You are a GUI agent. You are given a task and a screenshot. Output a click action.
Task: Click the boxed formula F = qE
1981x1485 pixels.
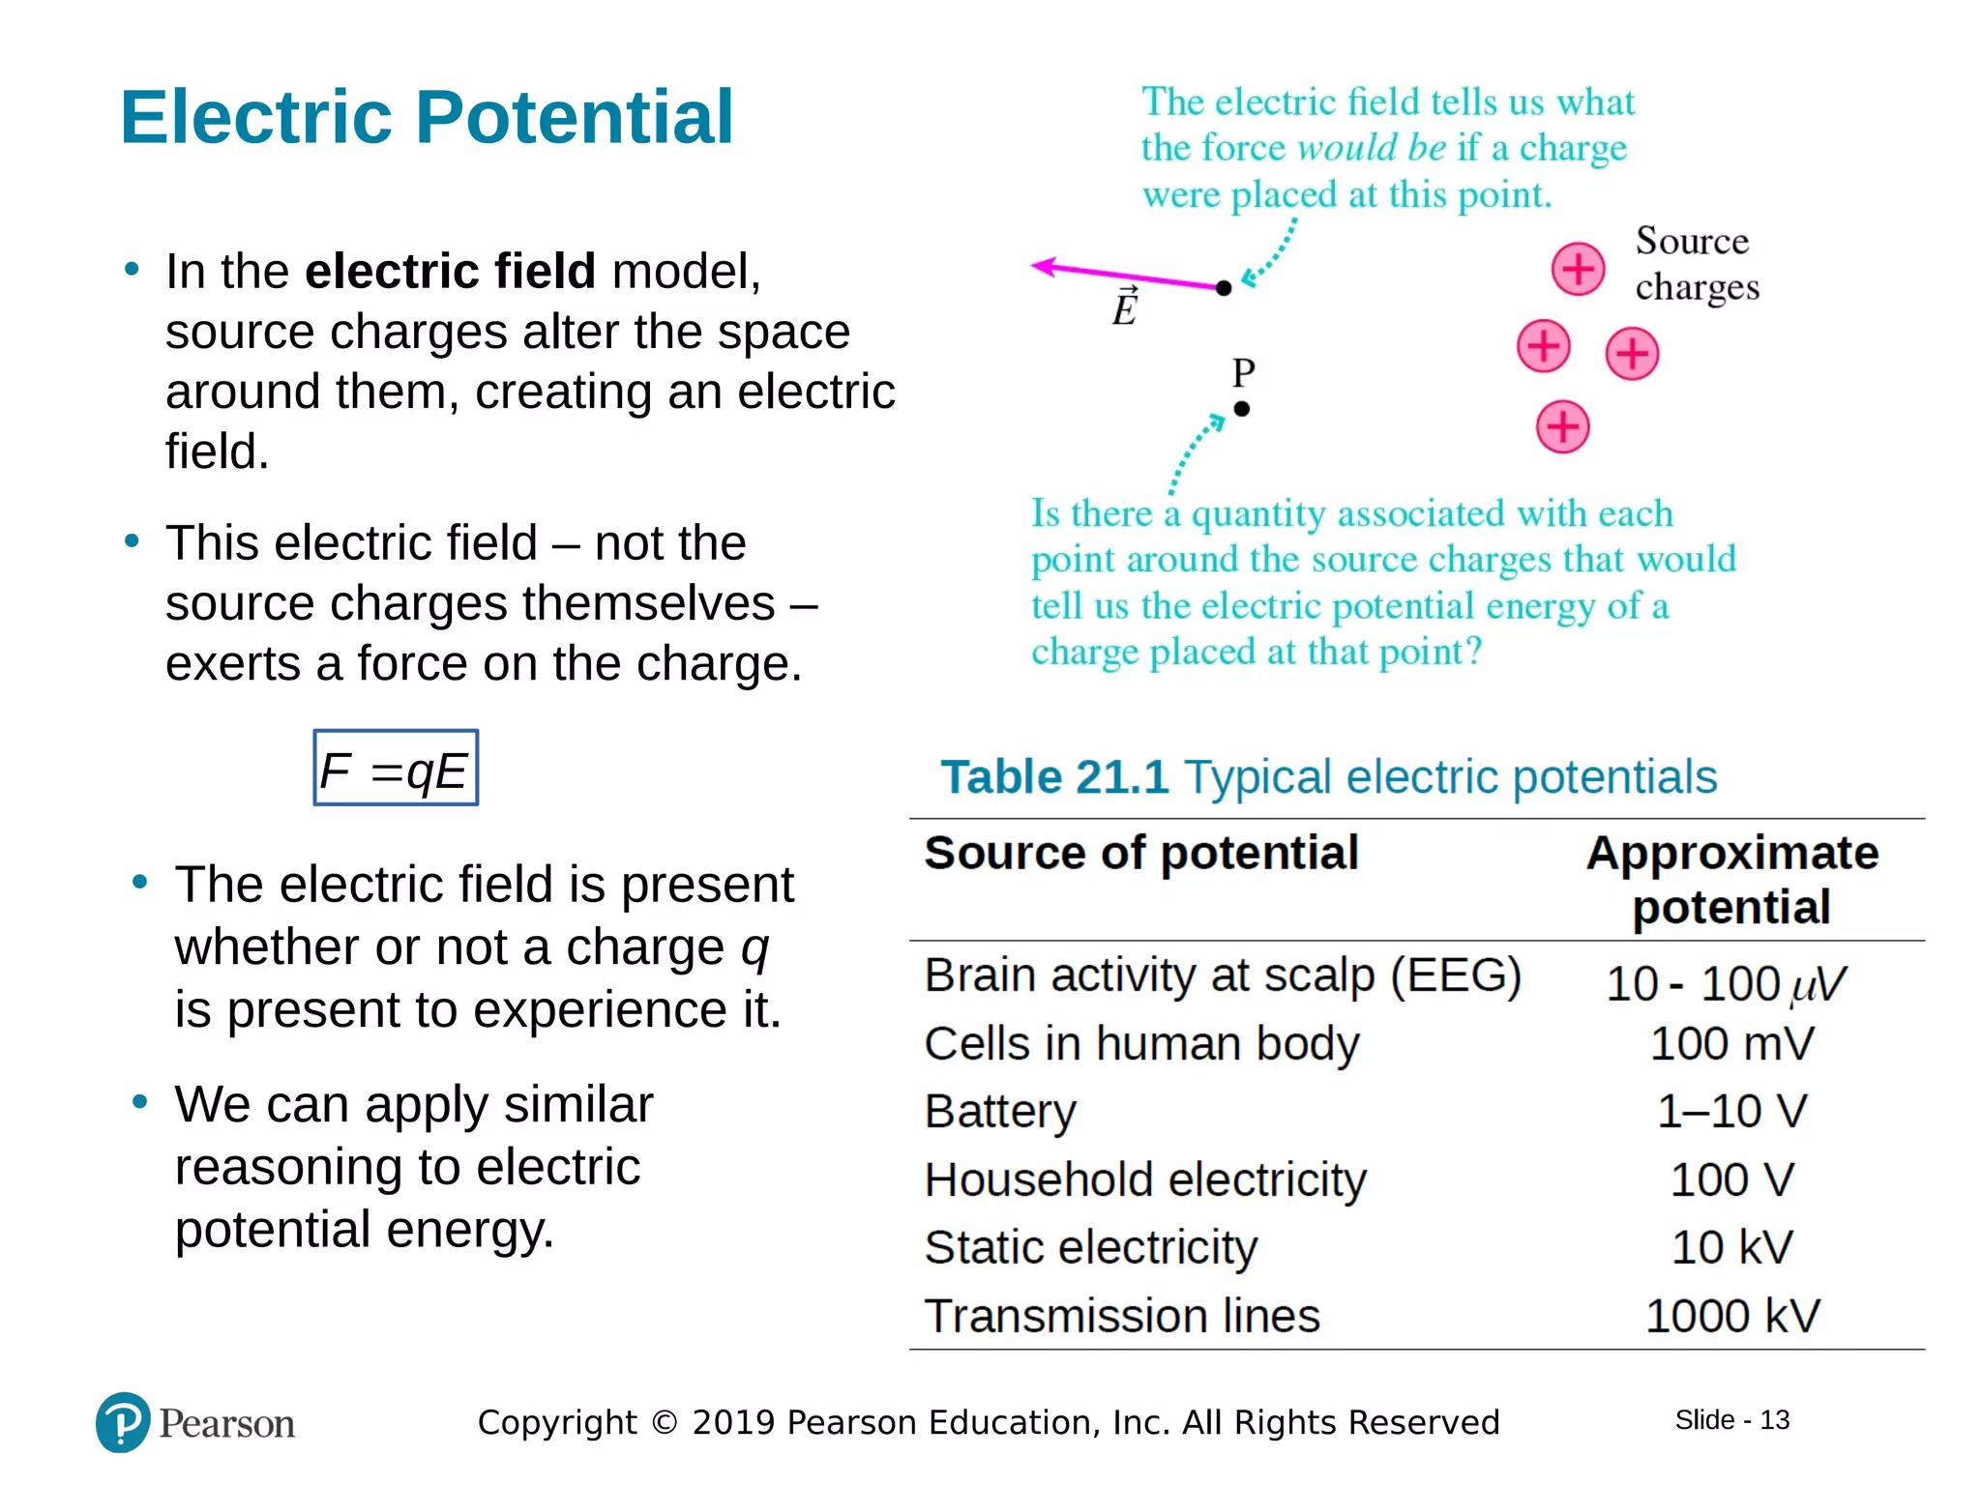pyautogui.click(x=396, y=769)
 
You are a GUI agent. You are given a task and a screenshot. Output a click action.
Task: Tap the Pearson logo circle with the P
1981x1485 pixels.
pyautogui.click(x=123, y=1422)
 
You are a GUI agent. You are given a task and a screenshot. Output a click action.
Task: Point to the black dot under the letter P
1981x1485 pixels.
pyautogui.click(x=1242, y=409)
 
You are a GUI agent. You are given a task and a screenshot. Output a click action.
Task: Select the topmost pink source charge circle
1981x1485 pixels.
pyautogui.click(x=1578, y=269)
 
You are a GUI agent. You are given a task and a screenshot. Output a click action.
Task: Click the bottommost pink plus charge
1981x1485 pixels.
pyautogui.click(x=1562, y=426)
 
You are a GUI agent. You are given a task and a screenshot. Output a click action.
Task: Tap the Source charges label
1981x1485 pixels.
pyautogui.click(x=1696, y=264)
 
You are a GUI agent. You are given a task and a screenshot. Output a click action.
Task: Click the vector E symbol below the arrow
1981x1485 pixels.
pyautogui.click(x=1125, y=307)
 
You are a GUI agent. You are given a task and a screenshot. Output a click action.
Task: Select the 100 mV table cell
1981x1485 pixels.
pyautogui.click(x=1731, y=1044)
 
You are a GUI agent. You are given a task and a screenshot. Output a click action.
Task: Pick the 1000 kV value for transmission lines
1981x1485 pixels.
pyautogui.click(x=1731, y=1316)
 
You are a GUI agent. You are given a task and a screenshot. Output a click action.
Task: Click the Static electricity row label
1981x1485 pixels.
pyautogui.click(x=1090, y=1247)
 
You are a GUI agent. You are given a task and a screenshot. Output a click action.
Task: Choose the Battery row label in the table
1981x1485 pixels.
pyautogui.click(x=1000, y=1111)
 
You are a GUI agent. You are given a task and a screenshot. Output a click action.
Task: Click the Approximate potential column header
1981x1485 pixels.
pyautogui.click(x=1731, y=880)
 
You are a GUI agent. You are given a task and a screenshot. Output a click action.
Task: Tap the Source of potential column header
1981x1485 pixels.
pyautogui.click(x=1141, y=853)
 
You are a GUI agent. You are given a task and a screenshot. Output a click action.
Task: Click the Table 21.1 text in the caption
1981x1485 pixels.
pyautogui.click(x=1054, y=777)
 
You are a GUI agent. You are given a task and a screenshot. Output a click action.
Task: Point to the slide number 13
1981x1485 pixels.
pyautogui.click(x=1774, y=1420)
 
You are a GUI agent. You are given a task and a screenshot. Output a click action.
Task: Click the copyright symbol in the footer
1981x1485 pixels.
pyautogui.click(x=665, y=1422)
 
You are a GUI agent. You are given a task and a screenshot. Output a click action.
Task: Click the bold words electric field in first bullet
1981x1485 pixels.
pyautogui.click(x=450, y=271)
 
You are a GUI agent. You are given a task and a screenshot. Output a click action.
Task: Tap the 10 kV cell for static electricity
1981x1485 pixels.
pyautogui.click(x=1731, y=1247)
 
